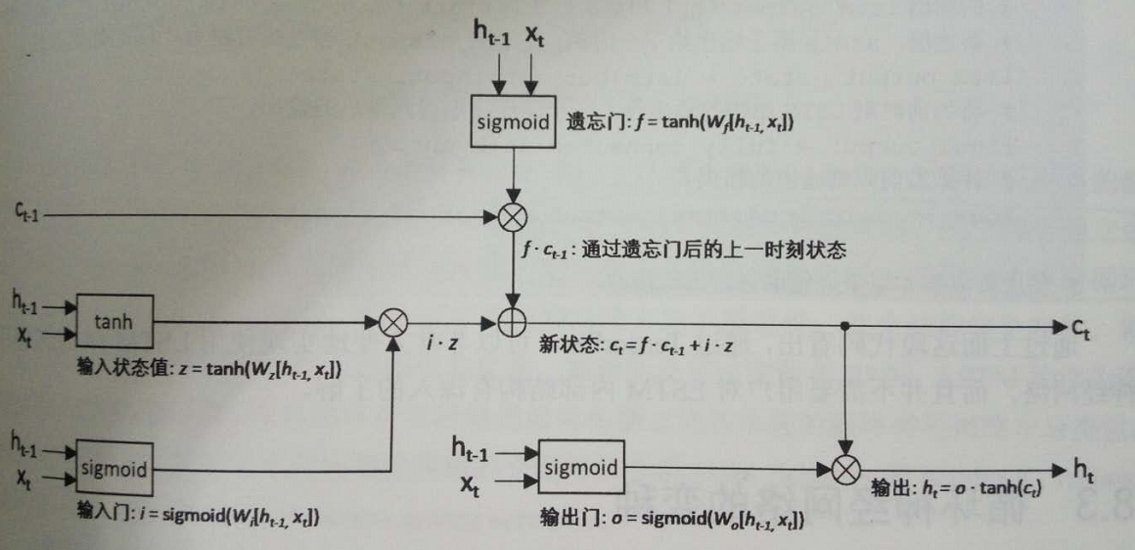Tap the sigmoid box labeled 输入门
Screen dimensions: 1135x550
[x=114, y=468]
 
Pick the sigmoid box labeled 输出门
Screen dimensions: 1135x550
[x=582, y=467]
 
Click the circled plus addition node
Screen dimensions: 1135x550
[x=512, y=321]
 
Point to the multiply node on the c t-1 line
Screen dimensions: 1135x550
[x=512, y=213]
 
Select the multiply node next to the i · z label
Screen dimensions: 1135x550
[x=392, y=321]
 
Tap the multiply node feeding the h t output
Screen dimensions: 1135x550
[x=844, y=470]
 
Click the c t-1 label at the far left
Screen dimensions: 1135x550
[x=26, y=210]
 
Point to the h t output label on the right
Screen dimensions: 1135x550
[x=1082, y=472]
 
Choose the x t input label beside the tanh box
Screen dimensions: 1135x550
[x=24, y=336]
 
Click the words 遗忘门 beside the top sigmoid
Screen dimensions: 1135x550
[x=588, y=125]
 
